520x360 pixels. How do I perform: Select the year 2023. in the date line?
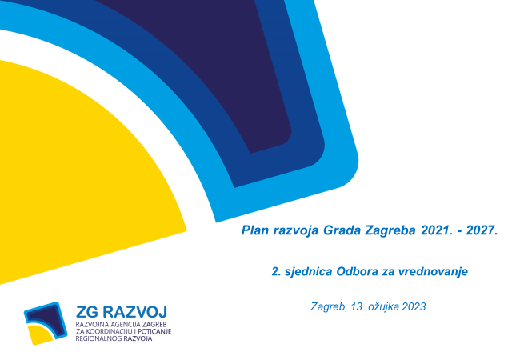point(415,307)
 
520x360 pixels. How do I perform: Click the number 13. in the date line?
point(358,307)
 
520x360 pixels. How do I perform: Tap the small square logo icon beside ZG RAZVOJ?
point(46,323)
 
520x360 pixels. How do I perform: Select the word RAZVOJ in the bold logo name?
point(134,312)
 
